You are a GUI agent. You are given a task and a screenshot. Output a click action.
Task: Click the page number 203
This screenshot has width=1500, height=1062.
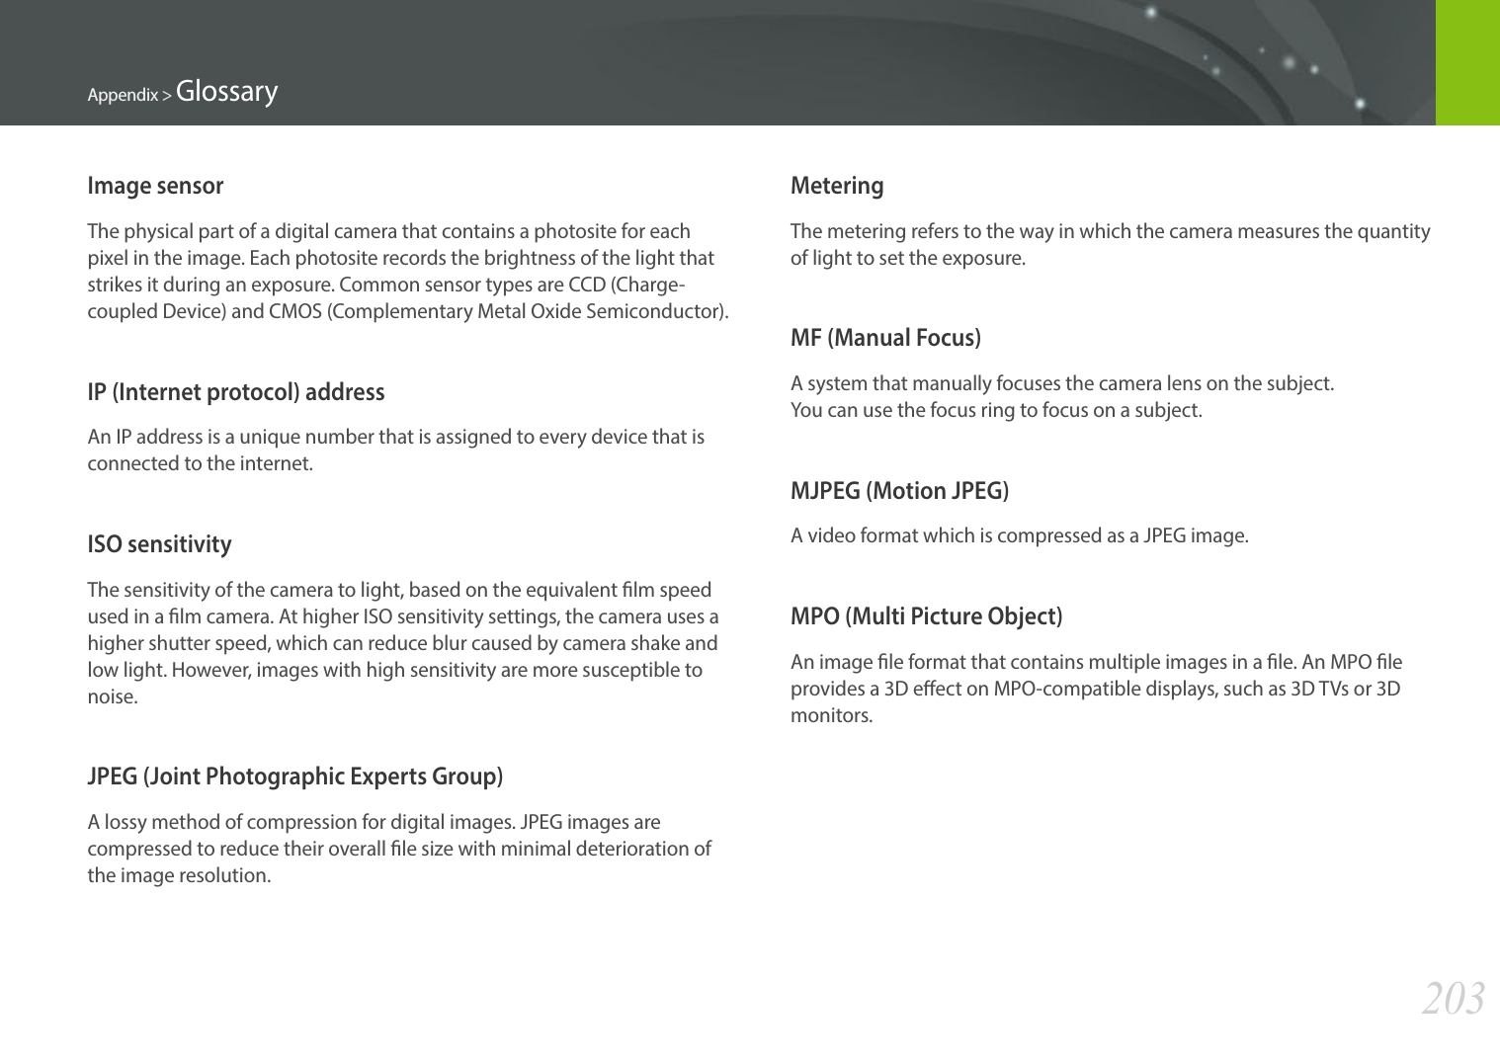pos(1453,999)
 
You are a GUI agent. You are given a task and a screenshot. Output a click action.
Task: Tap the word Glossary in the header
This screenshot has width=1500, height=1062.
pos(226,92)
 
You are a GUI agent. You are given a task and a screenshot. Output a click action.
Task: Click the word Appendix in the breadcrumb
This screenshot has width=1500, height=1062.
pos(123,95)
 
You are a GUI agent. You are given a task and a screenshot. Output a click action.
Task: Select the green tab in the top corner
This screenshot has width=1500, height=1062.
pos(1467,62)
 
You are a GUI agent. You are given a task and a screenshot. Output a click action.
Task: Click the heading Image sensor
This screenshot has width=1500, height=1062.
pos(155,186)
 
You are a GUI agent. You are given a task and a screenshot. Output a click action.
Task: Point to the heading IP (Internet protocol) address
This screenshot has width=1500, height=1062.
pos(235,392)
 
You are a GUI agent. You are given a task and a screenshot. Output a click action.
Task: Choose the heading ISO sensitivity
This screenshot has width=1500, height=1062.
pos(159,544)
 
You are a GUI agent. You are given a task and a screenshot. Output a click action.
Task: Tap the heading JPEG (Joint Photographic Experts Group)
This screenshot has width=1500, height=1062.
pos(294,776)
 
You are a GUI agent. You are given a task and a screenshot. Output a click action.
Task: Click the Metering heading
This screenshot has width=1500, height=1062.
pos(837,186)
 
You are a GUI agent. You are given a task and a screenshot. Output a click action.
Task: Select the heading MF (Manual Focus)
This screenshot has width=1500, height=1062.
pos(885,338)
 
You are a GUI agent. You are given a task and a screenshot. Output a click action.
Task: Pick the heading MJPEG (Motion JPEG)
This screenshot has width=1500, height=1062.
pos(899,491)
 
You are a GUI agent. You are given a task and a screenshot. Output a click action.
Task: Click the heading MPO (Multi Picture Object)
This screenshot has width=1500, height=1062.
pos(926,616)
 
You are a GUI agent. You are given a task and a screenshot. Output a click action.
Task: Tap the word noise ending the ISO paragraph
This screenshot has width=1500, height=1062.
pos(111,696)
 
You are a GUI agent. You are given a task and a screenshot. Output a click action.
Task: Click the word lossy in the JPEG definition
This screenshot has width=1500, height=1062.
pos(125,822)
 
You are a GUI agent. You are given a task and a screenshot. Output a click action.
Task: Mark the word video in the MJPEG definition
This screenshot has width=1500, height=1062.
pos(831,535)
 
